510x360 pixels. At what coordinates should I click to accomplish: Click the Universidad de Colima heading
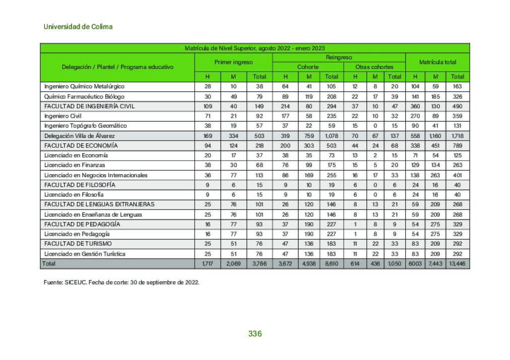point(78,27)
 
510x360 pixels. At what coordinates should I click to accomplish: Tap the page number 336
point(255,334)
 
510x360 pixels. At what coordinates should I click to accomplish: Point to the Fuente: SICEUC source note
point(121,282)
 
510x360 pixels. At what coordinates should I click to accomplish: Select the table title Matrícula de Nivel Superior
point(254,48)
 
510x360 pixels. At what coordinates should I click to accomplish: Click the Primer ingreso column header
point(233,62)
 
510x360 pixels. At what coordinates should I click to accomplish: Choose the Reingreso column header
point(339,57)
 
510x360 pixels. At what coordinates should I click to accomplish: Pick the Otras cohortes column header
point(374,67)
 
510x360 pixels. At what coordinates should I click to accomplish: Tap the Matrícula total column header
point(437,62)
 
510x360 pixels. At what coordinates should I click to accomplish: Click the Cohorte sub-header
point(307,67)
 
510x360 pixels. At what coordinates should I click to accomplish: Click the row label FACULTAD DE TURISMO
point(78,244)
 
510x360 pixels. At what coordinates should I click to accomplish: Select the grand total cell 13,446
point(457,264)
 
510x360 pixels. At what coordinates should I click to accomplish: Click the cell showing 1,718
point(457,136)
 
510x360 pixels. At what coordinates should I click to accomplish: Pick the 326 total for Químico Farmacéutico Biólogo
point(457,96)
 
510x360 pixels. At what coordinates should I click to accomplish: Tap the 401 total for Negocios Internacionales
point(457,175)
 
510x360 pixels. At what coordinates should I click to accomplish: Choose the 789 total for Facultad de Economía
point(457,146)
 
